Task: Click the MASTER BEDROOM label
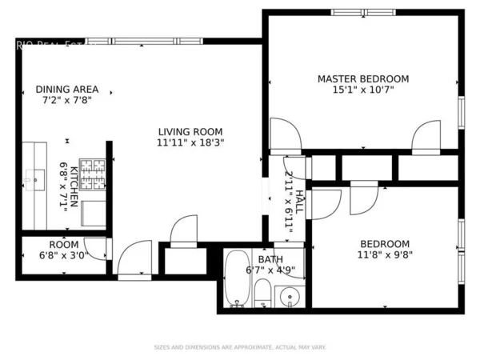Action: (x=362, y=78)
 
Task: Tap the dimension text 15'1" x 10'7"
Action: (x=362, y=90)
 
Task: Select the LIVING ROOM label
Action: (x=190, y=132)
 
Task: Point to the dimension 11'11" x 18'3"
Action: (x=190, y=143)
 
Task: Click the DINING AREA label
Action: (x=67, y=90)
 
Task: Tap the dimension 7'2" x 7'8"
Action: (x=67, y=101)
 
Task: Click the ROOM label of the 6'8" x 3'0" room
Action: (x=64, y=245)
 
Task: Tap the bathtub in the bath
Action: (x=237, y=279)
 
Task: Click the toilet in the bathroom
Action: (x=262, y=294)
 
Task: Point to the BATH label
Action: (x=270, y=259)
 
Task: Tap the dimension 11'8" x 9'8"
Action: (x=385, y=255)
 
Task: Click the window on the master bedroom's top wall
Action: (x=362, y=12)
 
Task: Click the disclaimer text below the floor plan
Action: (x=239, y=347)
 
